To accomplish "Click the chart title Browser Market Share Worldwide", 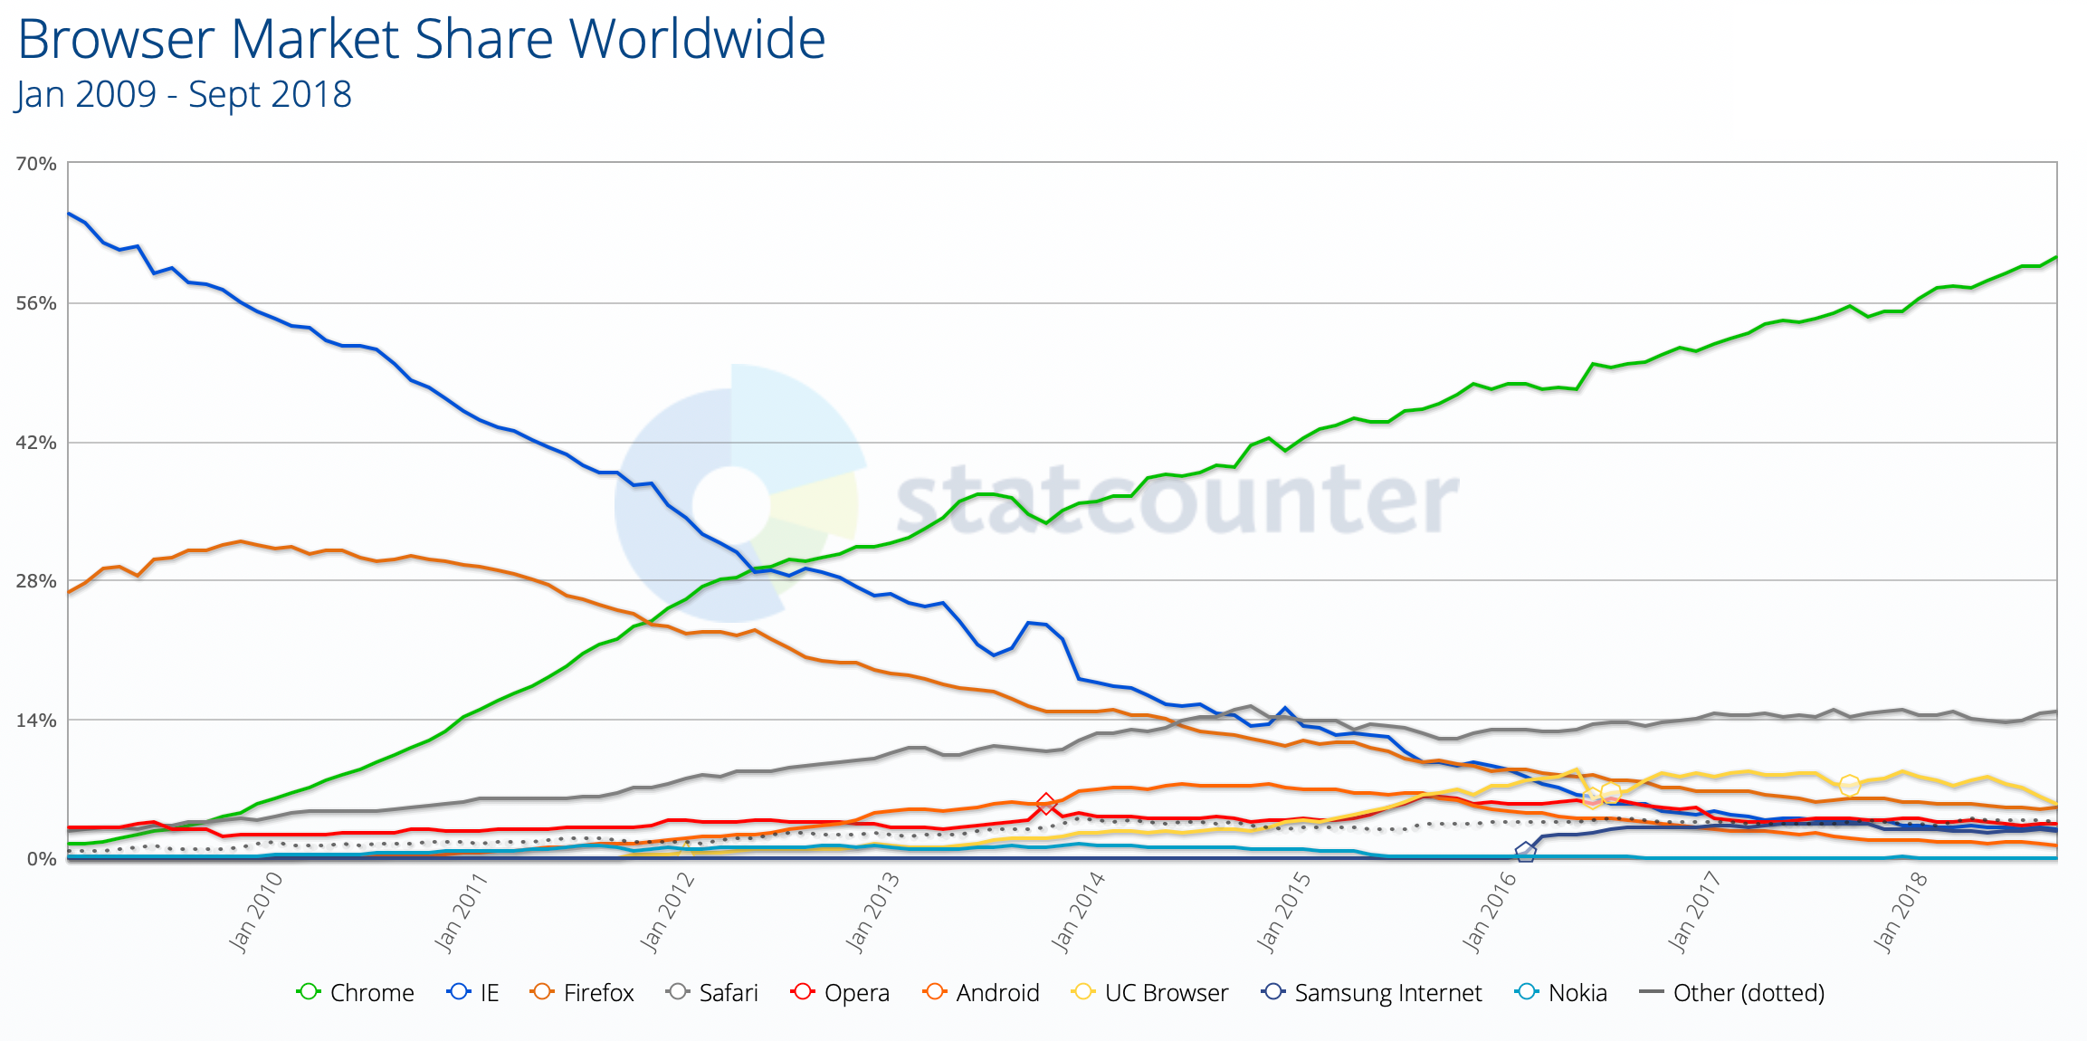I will (x=421, y=40).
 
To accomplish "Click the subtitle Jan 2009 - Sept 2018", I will (x=184, y=95).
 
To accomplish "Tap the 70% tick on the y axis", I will (x=36, y=164).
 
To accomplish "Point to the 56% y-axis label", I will (x=36, y=303).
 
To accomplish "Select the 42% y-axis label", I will (x=36, y=443).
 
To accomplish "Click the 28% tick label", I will (x=36, y=581).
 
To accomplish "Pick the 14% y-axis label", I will (x=36, y=721).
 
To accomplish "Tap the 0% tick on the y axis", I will (x=42, y=859).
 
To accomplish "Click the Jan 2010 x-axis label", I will (x=255, y=912).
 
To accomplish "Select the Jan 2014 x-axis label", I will (x=1078, y=912).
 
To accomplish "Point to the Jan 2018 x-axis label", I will (x=1901, y=912).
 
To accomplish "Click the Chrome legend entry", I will (x=355, y=993).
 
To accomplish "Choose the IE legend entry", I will (x=473, y=993).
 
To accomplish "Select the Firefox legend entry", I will (x=584, y=993).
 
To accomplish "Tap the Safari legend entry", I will (x=712, y=993).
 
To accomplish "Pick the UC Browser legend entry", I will (x=1150, y=993).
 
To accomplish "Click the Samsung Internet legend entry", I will (x=1372, y=993).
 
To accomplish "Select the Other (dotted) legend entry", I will (x=1732, y=993).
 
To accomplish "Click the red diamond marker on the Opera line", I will (x=1046, y=804).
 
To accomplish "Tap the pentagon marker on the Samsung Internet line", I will (x=1525, y=852).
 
